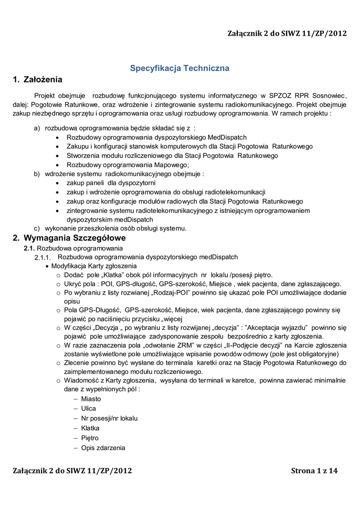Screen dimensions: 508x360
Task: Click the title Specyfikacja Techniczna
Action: point(180,68)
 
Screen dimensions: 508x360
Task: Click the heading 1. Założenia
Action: point(38,79)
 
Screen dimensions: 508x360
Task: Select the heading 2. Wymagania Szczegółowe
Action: point(69,238)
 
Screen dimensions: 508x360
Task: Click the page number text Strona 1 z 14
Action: point(314,471)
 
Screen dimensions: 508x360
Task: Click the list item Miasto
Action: point(91,399)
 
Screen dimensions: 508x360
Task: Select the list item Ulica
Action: point(88,409)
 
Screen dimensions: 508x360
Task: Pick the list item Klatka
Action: point(90,428)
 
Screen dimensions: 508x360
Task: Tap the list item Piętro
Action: point(90,438)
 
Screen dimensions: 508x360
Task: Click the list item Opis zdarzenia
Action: point(103,448)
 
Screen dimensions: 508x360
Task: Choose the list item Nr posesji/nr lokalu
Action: point(109,419)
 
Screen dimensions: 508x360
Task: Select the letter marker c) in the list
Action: point(37,229)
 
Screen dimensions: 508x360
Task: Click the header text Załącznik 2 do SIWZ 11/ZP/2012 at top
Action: point(286,34)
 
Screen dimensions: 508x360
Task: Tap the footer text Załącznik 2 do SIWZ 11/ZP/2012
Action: point(72,471)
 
